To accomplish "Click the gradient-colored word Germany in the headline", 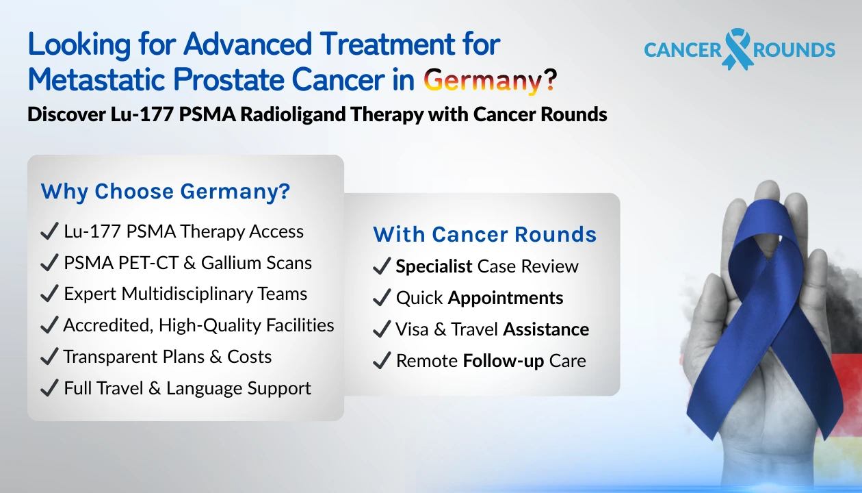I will click(x=483, y=81).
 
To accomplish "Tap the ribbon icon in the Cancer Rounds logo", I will click(x=737, y=49).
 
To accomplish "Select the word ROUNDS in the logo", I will click(x=794, y=50).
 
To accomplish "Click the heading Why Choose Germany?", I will click(x=166, y=192).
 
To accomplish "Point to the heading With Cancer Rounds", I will click(x=484, y=234).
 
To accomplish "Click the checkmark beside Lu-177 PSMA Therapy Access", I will click(x=49, y=231).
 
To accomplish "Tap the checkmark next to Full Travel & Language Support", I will click(x=49, y=388).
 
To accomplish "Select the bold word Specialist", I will click(x=434, y=266).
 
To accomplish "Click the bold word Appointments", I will click(x=506, y=299).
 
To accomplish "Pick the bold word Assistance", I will click(x=546, y=329).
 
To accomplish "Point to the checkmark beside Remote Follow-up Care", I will click(x=381, y=362).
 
